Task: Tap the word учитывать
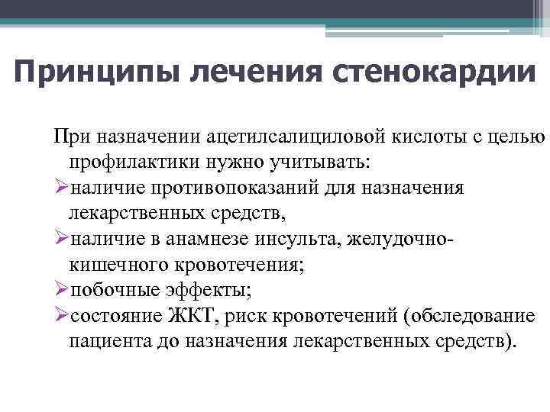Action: tap(320, 162)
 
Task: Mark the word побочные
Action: tap(108, 290)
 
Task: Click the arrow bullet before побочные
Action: tap(60, 290)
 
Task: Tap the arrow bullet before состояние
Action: tap(60, 316)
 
